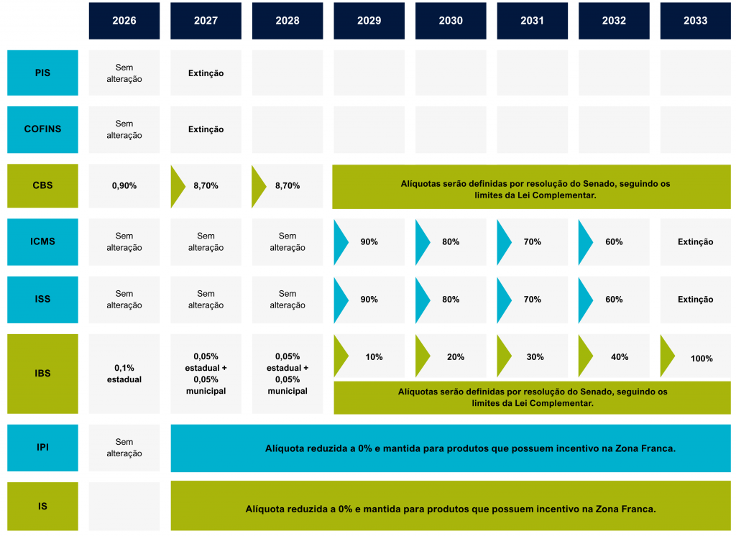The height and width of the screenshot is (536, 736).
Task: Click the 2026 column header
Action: pyautogui.click(x=124, y=21)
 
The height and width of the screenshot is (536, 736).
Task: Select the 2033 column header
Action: pyautogui.click(x=695, y=21)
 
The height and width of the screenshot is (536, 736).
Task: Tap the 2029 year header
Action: pyautogui.click(x=369, y=21)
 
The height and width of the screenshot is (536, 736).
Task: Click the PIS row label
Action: pyautogui.click(x=42, y=73)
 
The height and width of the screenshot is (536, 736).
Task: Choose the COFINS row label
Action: pyautogui.click(x=42, y=129)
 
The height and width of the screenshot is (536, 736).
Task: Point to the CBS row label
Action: pyautogui.click(x=42, y=185)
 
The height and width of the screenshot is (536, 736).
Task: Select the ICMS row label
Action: pyautogui.click(x=42, y=241)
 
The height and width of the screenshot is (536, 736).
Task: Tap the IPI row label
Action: pyautogui.click(x=42, y=447)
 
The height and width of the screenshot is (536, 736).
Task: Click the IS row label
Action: pyautogui.click(x=42, y=506)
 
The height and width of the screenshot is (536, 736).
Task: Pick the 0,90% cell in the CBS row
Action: pyautogui.click(x=124, y=185)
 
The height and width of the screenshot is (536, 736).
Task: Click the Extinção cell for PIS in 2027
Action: pyautogui.click(x=206, y=73)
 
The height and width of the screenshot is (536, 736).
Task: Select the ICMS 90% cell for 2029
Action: pyautogui.click(x=369, y=242)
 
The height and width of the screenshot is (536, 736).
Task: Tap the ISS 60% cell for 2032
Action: pyautogui.click(x=614, y=300)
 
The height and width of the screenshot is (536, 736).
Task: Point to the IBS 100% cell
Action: pyautogui.click(x=701, y=357)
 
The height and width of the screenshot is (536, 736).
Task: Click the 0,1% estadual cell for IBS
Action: pyautogui.click(x=124, y=373)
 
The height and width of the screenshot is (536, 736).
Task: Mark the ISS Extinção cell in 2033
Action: pyautogui.click(x=695, y=300)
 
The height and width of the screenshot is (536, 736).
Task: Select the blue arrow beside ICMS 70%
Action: pyautogui.click(x=504, y=242)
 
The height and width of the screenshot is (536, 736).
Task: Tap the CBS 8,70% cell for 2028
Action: pyautogui.click(x=287, y=185)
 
